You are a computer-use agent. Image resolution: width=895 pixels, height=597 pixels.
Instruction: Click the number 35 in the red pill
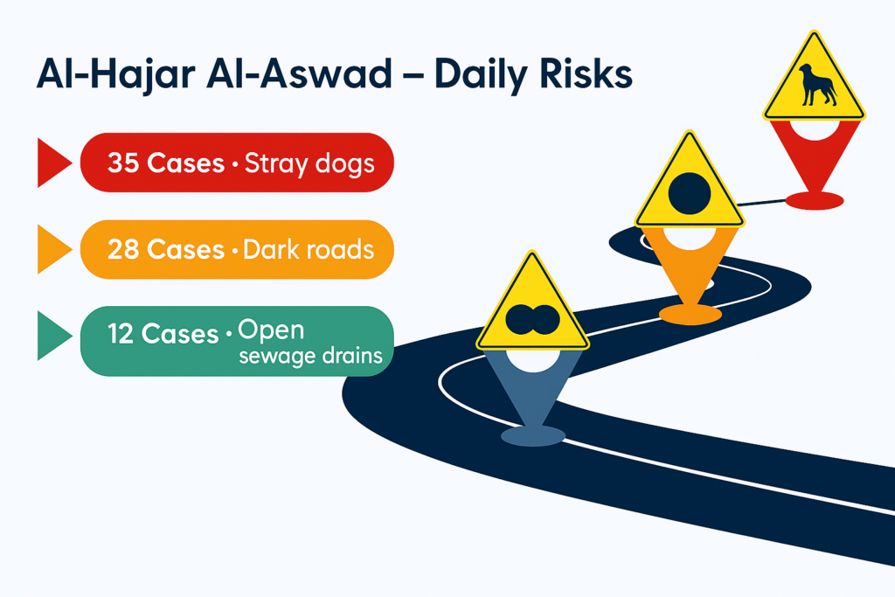[x=123, y=163]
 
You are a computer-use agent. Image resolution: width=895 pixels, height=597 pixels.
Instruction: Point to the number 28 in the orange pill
[x=123, y=249]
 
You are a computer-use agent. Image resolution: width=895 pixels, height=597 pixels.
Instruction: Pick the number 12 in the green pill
[x=121, y=334]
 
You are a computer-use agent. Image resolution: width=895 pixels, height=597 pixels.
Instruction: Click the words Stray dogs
[x=309, y=164]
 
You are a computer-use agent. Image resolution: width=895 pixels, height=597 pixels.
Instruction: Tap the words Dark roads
[x=309, y=249]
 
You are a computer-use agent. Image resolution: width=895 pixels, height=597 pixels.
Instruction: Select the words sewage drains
[x=310, y=356]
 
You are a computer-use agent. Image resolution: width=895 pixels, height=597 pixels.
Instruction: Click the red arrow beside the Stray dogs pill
[x=52, y=163]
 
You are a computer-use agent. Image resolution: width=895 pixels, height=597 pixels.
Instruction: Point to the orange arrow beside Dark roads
[x=52, y=249]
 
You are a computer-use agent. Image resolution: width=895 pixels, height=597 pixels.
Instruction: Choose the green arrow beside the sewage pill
[x=52, y=336]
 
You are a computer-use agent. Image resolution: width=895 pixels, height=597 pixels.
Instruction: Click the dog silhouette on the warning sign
[x=817, y=86]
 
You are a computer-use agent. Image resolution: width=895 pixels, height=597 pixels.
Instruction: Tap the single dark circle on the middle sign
[x=690, y=193]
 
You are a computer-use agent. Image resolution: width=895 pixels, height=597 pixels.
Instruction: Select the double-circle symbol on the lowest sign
[x=532, y=320]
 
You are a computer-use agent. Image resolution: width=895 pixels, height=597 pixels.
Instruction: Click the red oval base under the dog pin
[x=815, y=201]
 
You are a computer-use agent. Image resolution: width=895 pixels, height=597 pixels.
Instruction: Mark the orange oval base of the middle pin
[x=690, y=315]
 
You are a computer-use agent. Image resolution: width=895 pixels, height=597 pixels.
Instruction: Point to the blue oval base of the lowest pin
[x=533, y=436]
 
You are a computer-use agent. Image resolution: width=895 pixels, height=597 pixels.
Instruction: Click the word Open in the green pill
[x=271, y=331]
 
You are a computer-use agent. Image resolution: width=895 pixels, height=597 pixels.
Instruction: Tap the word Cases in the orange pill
[x=185, y=249]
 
